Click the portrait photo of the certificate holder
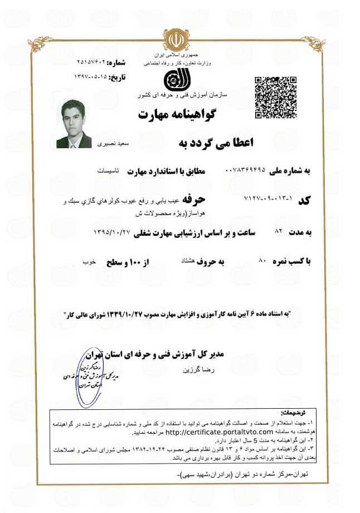[74, 124]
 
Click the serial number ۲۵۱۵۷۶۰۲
[96, 61]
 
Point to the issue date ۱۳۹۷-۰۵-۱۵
[96, 75]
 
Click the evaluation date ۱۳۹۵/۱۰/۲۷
[114, 231]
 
